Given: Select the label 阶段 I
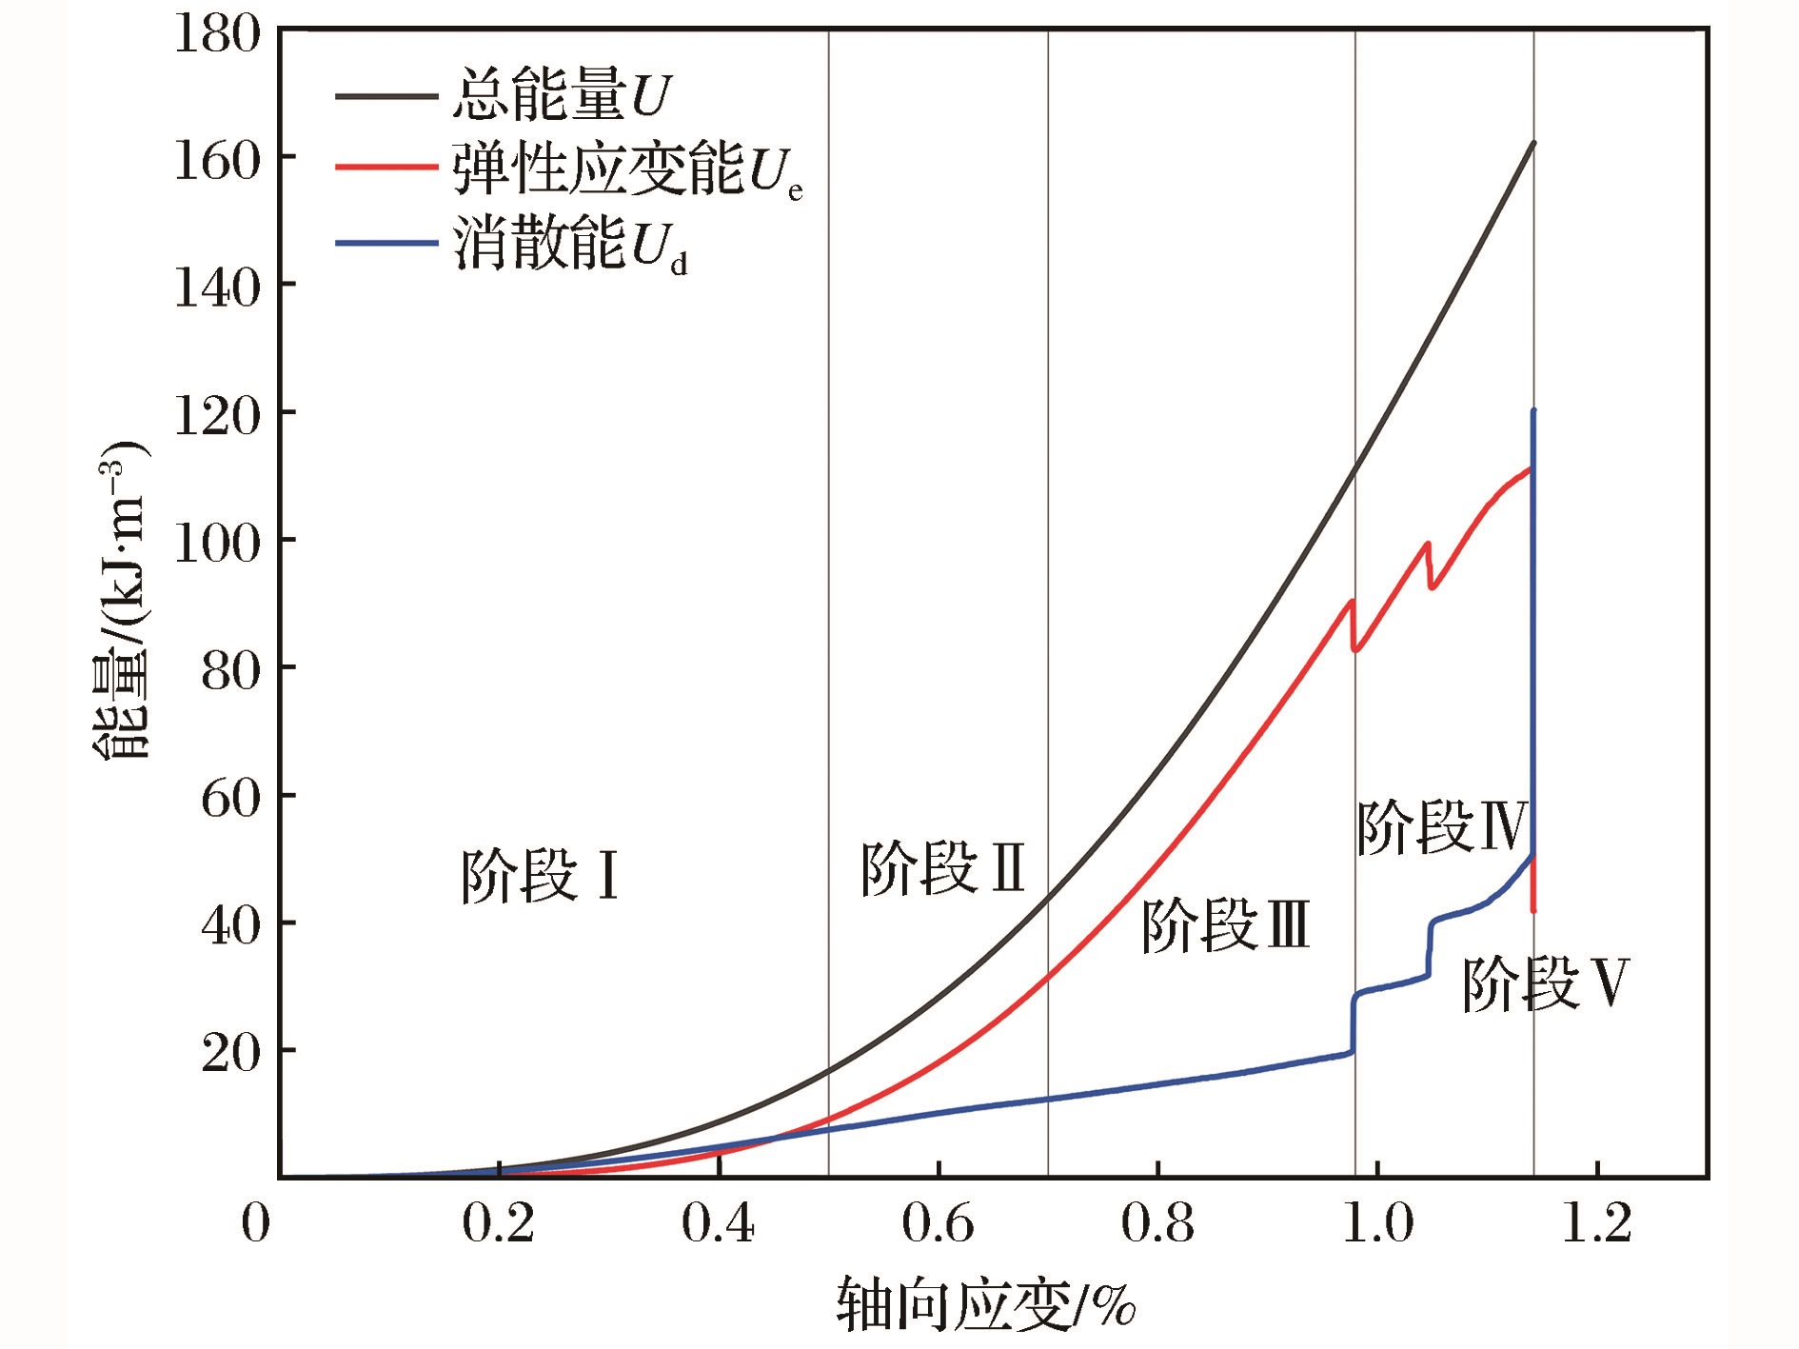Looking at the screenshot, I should tap(540, 876).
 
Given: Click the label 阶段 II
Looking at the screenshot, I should tap(942, 868).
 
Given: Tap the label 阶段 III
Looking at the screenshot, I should tap(1225, 925).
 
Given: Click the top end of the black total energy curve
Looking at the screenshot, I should tap(1534, 142).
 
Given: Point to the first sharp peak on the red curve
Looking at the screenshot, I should tap(1352, 600).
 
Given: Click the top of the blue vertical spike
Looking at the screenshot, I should tap(1533, 410).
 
